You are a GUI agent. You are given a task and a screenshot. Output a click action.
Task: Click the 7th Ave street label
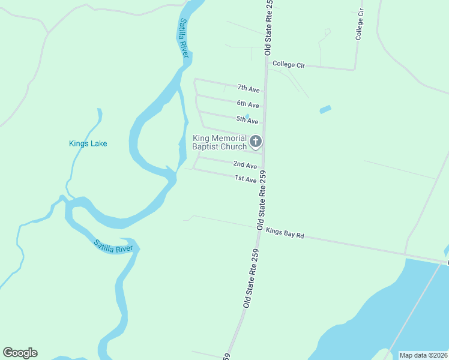pos(248,89)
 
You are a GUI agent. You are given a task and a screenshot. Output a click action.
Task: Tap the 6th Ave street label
pos(247,104)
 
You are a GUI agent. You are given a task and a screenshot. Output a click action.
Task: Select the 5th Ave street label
pos(247,121)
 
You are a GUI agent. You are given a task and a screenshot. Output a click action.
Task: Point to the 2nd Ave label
pos(245,165)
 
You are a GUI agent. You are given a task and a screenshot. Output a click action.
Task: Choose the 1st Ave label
pos(246,179)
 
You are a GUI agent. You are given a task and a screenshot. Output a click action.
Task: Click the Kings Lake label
pos(88,143)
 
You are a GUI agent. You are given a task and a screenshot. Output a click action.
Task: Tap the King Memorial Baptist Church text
pos(219,142)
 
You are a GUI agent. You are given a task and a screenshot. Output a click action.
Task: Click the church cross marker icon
pos(256,142)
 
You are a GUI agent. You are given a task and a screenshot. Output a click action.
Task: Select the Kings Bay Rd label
pos(285,233)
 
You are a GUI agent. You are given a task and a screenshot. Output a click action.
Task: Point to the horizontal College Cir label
pos(289,64)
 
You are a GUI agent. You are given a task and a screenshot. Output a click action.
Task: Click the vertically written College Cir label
pos(360,24)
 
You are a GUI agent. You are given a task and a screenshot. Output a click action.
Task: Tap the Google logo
pos(20,353)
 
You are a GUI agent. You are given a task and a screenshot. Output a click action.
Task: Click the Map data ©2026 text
pos(423,355)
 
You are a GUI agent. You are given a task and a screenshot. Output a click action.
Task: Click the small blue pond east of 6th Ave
pos(325,110)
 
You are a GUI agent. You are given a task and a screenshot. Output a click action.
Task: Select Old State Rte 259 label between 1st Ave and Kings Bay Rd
pos(262,200)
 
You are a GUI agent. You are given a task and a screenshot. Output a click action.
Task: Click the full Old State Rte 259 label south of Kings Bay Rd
pos(251,278)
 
